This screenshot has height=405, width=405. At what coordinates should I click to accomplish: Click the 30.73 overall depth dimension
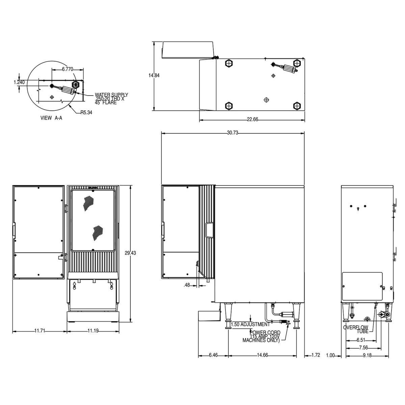click(x=233, y=133)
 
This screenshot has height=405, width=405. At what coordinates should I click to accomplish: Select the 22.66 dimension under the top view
click(x=252, y=119)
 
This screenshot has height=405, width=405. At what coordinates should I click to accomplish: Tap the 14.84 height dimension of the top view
click(x=154, y=76)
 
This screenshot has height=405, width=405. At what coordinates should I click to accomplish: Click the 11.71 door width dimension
click(x=39, y=331)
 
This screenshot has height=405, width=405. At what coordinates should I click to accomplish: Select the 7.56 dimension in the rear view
click(x=363, y=348)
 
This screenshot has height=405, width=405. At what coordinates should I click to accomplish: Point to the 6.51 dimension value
click(x=360, y=340)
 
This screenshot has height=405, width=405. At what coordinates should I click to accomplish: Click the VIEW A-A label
click(x=51, y=118)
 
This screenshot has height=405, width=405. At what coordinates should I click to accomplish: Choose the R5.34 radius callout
click(x=86, y=113)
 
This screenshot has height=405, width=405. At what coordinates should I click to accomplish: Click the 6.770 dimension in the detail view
click(x=67, y=69)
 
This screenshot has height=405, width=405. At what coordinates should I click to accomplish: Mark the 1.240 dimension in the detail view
click(x=19, y=82)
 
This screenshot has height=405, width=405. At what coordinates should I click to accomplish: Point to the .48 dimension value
click(x=187, y=285)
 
